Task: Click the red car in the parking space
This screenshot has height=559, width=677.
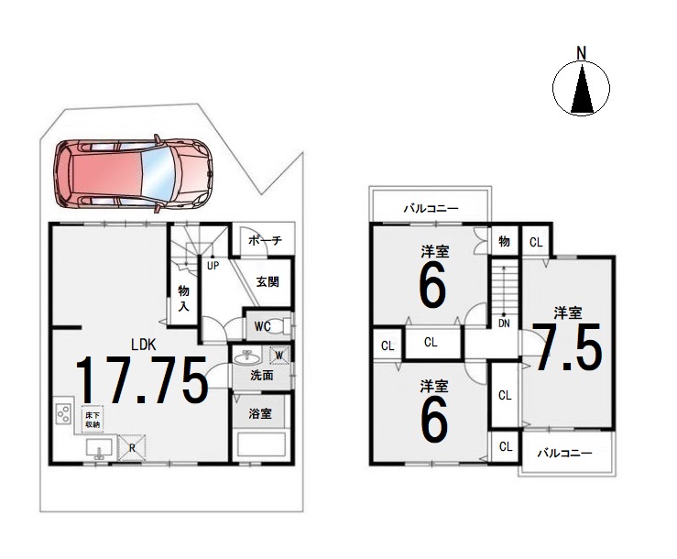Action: click(x=134, y=174)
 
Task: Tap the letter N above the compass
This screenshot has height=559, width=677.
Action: click(x=582, y=54)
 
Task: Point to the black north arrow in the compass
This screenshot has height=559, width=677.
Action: click(x=582, y=88)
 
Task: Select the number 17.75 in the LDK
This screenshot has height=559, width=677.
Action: click(x=142, y=379)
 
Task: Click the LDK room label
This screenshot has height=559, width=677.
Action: click(x=143, y=345)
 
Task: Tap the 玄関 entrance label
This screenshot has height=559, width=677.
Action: click(x=268, y=282)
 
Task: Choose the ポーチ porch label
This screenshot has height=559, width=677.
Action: click(x=265, y=240)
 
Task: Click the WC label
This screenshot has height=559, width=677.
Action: click(x=262, y=326)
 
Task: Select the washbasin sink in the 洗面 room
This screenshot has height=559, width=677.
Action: click(x=247, y=357)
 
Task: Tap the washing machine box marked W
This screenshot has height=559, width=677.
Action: click(x=278, y=356)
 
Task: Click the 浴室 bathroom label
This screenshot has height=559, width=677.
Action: click(x=260, y=414)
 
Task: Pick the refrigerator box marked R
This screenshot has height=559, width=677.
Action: click(x=132, y=448)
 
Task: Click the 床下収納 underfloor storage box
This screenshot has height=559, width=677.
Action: click(x=93, y=419)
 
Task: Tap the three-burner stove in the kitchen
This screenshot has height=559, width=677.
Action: click(x=63, y=413)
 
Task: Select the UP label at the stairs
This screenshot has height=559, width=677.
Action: click(x=213, y=266)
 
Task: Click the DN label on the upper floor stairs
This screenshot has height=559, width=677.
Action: click(x=504, y=323)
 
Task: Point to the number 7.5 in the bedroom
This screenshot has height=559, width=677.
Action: click(x=566, y=347)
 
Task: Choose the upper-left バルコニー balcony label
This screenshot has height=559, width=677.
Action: click(x=431, y=209)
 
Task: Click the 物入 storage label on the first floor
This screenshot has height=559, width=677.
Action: click(x=183, y=299)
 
